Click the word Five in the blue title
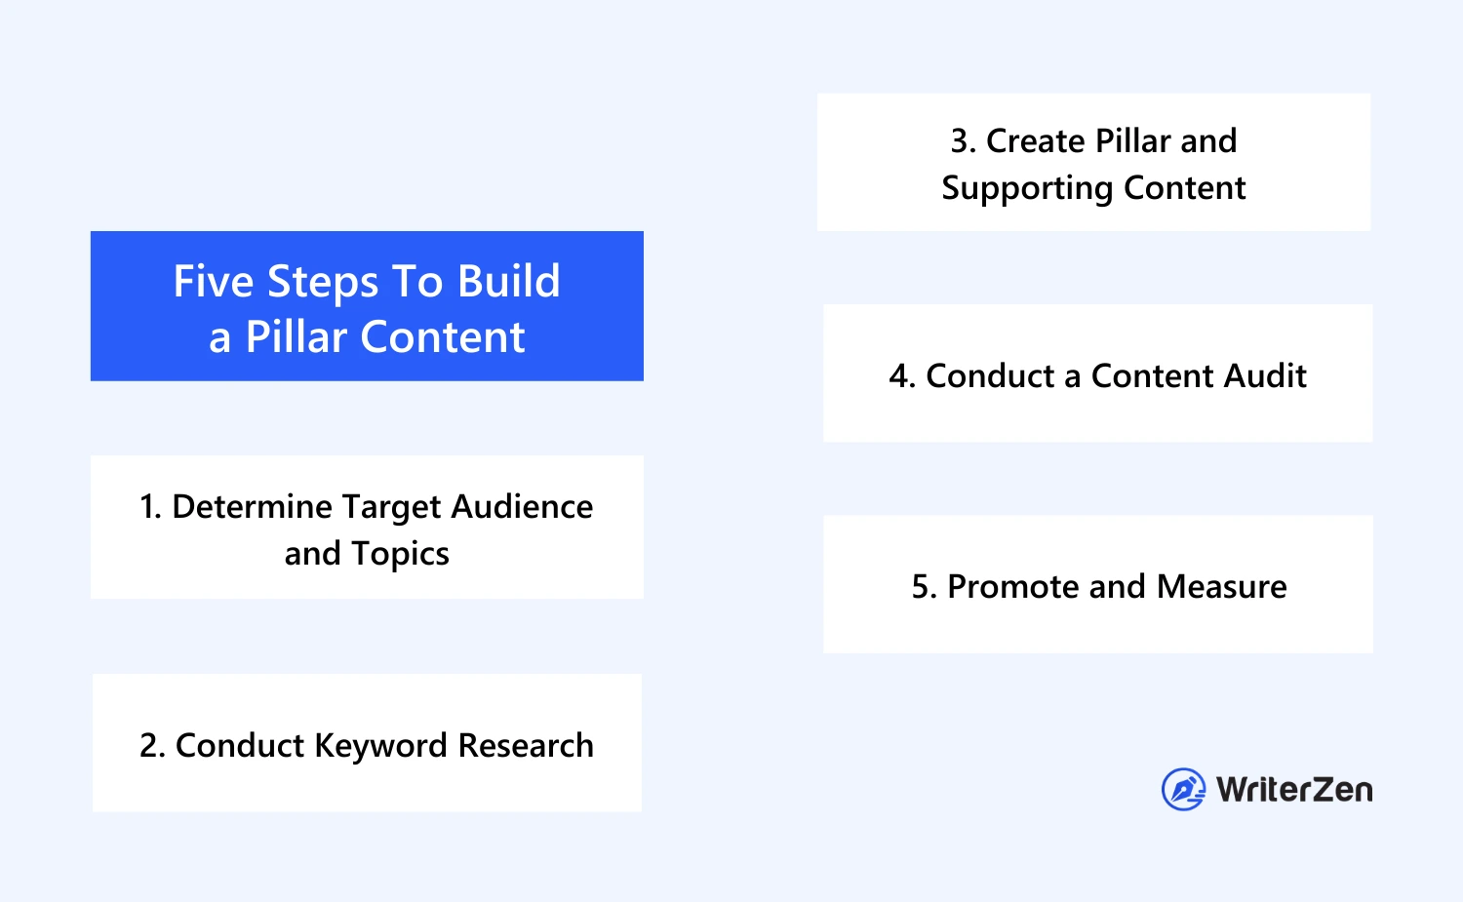[213, 282]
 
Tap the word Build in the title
[508, 282]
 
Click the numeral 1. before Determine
[150, 507]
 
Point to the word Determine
[252, 507]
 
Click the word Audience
[522, 507]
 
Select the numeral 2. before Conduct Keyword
[152, 745]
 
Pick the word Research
[526, 745]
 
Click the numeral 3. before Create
[964, 141]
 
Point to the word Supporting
[1027, 189]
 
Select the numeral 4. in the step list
[902, 376]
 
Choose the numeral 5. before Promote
[925, 586]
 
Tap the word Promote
[1013, 586]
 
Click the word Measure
[1221, 586]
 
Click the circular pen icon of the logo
[1183, 789]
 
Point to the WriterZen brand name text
[1294, 790]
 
